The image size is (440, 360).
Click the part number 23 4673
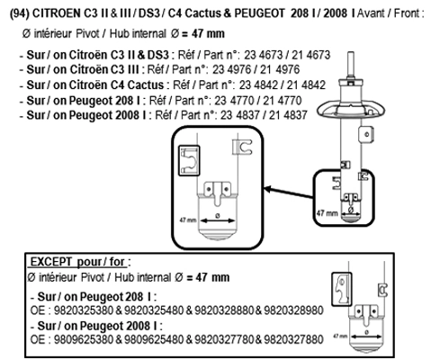(264, 55)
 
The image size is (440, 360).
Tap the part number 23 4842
(258, 85)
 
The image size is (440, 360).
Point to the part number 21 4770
(283, 101)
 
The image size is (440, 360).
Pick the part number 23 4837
(240, 115)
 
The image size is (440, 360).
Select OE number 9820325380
(84, 310)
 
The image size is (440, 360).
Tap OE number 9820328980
(293, 310)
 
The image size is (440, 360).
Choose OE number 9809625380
(84, 339)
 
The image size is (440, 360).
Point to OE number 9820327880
(293, 339)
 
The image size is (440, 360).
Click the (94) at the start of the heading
(20, 13)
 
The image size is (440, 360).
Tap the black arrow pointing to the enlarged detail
(289, 193)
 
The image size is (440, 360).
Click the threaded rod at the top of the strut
(351, 64)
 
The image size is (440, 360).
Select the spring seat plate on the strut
(351, 109)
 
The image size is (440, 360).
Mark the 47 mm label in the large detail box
(188, 220)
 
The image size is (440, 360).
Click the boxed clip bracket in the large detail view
(189, 160)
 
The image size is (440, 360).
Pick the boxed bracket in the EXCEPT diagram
(342, 289)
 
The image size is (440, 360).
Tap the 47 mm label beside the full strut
(327, 213)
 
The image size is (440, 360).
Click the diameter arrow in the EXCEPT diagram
(366, 337)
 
